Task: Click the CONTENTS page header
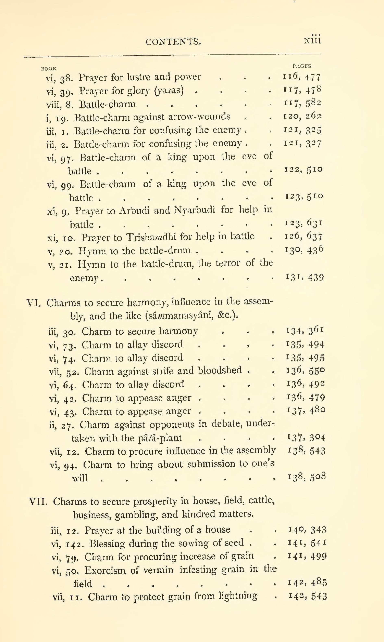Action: tap(173, 42)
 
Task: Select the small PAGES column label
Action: tap(302, 66)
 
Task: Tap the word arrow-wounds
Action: tap(199, 117)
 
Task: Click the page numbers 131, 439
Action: tap(305, 277)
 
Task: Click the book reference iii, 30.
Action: tap(62, 332)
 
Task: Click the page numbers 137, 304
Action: tap(306, 437)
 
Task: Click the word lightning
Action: tap(238, 596)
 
